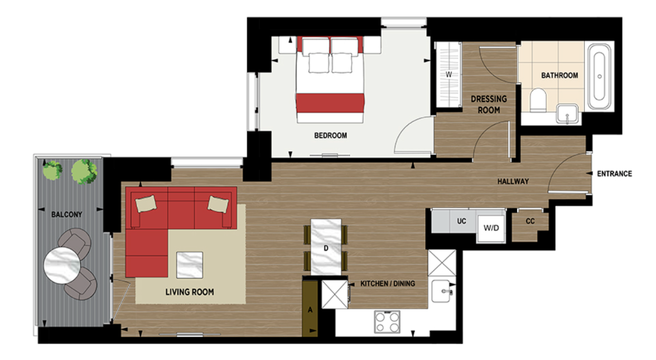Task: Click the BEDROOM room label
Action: click(330, 136)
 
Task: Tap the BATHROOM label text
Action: click(559, 75)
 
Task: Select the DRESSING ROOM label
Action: click(489, 104)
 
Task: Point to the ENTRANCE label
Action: click(614, 174)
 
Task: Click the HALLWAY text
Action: click(513, 181)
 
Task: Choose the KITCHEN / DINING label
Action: click(388, 284)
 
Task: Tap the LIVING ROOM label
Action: click(190, 292)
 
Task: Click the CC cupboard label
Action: click(530, 222)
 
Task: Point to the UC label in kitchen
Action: click(461, 221)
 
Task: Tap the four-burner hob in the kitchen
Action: click(387, 321)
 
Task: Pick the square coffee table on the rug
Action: click(189, 264)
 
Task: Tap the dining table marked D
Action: click(326, 246)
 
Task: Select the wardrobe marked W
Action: click(448, 74)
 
